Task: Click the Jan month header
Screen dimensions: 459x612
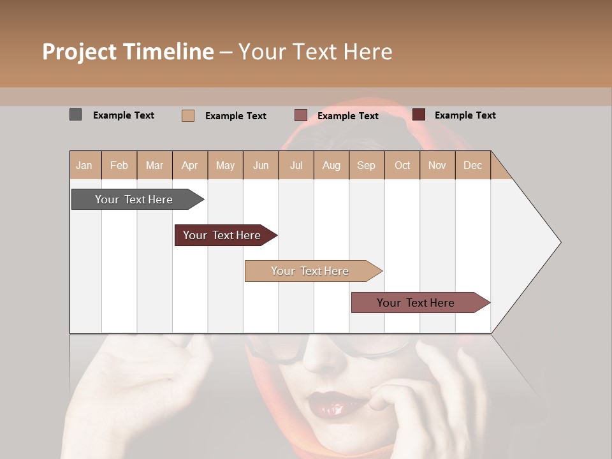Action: point(85,165)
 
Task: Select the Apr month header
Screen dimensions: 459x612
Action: point(190,165)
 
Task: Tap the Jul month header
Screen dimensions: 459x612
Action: point(296,165)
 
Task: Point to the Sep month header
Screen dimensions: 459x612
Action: point(366,165)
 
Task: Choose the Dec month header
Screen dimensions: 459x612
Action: point(472,165)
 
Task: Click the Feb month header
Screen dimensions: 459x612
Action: point(119,165)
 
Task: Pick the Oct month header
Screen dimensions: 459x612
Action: point(402,165)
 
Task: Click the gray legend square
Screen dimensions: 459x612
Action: point(76,115)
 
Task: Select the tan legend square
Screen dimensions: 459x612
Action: point(188,115)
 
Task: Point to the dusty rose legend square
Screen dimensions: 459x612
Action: point(301,115)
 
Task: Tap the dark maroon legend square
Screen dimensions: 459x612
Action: point(419,115)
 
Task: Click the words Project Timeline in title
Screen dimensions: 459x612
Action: point(127,52)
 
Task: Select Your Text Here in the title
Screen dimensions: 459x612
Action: point(315,52)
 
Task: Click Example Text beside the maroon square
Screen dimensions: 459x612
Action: point(465,115)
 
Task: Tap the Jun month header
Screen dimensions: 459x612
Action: point(261,165)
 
